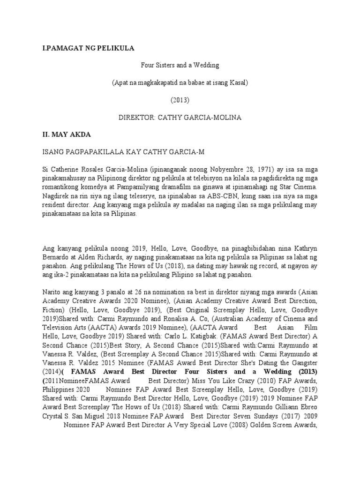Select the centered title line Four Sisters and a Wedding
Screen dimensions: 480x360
pyautogui.click(x=180, y=66)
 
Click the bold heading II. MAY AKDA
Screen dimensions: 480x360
pyautogui.click(x=67, y=135)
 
